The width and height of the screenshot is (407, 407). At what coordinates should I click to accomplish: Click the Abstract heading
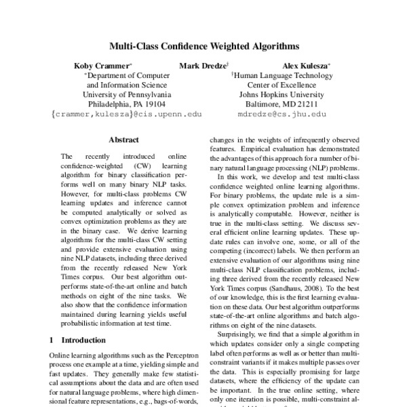click(x=123, y=140)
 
